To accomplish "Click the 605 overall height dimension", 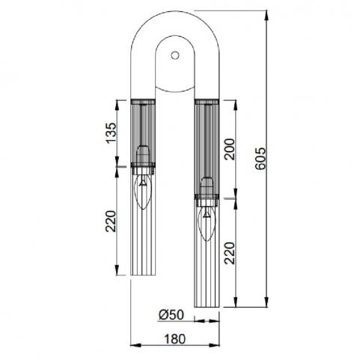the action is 261,159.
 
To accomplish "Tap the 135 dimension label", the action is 111,132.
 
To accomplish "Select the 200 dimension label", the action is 230,149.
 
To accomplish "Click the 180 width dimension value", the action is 174,339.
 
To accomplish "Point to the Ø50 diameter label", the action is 171,315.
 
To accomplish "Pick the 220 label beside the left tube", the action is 111,222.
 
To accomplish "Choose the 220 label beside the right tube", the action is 230,253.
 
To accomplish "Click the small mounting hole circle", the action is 175,55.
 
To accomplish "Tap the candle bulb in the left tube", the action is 143,191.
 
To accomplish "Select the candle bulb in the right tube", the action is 207,223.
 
